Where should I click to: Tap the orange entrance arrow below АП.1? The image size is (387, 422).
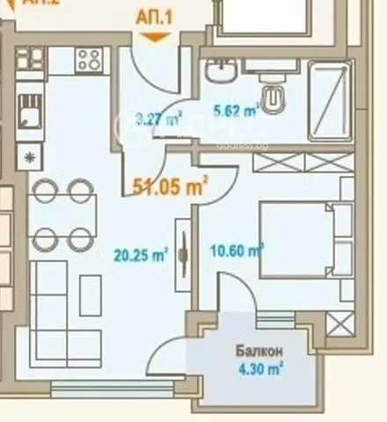point(154,36)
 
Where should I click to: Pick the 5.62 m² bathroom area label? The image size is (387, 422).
point(236,111)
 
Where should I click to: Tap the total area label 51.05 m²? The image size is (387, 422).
point(171,185)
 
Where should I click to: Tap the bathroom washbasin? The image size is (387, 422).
point(221,70)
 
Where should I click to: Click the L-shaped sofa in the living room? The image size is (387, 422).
point(53,303)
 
